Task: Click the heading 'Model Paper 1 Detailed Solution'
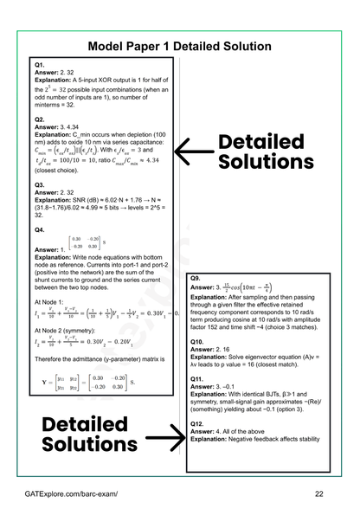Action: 180,46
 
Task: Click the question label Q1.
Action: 40,65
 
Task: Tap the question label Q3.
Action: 40,184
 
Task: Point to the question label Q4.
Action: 40,230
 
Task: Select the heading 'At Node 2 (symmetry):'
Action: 72,339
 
